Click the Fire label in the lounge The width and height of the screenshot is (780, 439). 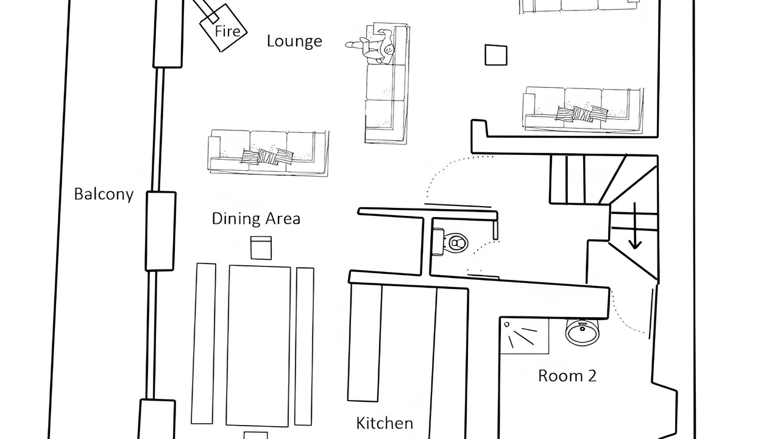227,31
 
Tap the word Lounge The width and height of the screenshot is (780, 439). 294,41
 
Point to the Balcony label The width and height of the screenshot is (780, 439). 104,194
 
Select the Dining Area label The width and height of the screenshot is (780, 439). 256,219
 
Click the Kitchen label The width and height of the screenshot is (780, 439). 385,423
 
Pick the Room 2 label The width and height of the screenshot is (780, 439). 567,376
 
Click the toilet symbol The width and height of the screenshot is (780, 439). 450,242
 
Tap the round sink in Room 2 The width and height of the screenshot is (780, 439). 582,331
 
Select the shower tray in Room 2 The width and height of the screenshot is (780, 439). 525,336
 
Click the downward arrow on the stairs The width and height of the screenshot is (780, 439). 635,226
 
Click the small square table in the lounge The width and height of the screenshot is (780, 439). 496,55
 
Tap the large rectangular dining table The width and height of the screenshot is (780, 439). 258,346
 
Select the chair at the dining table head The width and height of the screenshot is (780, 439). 261,248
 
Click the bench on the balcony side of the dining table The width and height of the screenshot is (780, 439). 204,343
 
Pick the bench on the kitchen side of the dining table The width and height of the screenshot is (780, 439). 304,346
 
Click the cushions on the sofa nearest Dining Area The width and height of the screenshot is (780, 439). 268,157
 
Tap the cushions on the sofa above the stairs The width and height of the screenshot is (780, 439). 582,113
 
